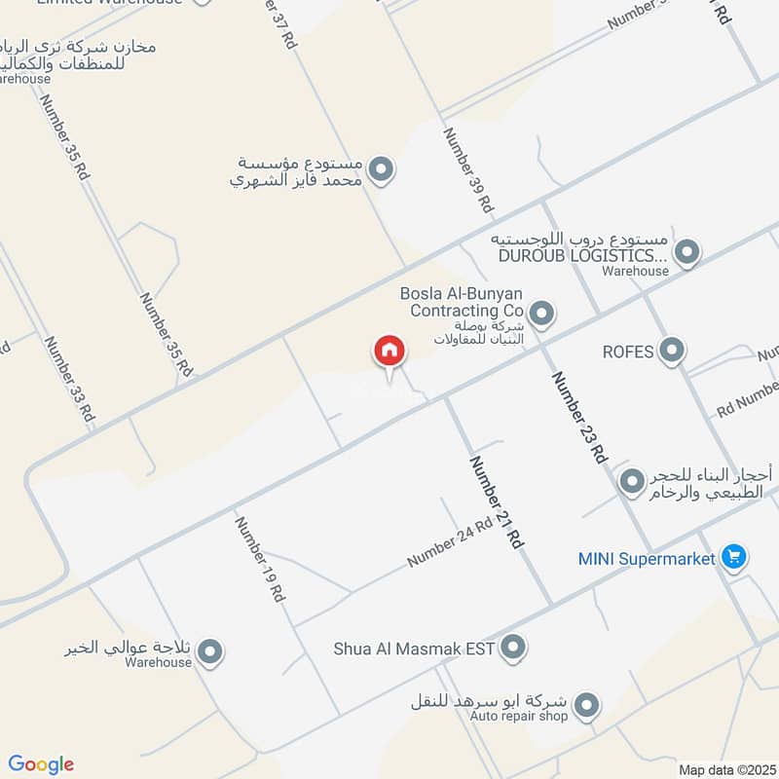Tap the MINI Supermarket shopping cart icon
coord(734,558)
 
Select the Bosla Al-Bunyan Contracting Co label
coord(462,302)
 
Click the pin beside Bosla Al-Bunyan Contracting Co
coord(543,314)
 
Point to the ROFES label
coord(627,352)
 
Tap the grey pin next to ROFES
coord(671,351)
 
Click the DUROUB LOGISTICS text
coord(582,255)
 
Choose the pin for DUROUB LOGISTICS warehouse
coord(687,253)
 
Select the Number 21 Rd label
coord(497,501)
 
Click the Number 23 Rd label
coord(579,417)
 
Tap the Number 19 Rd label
coord(258,558)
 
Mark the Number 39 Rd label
coord(468,170)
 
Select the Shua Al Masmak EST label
coord(415,648)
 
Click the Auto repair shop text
coord(519,717)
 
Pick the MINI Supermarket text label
coord(647,559)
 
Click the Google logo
coord(41,764)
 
